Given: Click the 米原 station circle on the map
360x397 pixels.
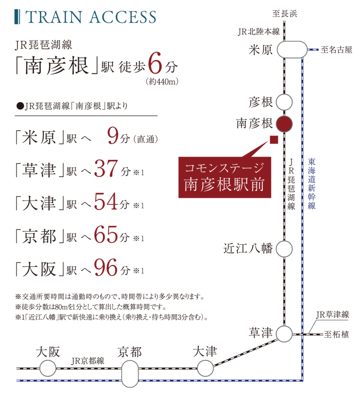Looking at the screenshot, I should tap(291, 50).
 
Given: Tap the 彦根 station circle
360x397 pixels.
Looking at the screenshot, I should tap(285, 103).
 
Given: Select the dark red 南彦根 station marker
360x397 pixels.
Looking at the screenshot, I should tap(285, 123).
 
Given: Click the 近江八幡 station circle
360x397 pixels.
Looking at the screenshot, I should tap(285, 249).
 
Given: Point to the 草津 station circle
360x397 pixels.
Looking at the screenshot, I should tap(285, 334).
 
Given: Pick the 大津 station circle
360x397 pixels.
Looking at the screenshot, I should tap(205, 367).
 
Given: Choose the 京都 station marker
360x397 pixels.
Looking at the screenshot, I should tap(130, 373).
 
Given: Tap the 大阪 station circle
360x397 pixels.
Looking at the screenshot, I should tap(48, 367).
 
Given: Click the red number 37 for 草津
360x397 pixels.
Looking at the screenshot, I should tap(106, 170).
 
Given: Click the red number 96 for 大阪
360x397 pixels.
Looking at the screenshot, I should tap(106, 269).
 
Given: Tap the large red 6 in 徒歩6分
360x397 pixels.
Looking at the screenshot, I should tap(154, 66).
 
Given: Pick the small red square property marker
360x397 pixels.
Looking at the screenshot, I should tap(274, 140).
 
